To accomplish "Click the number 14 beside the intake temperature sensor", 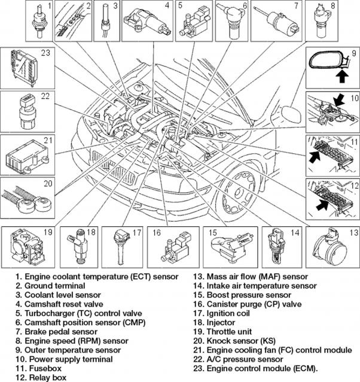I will [x=294, y=234].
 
